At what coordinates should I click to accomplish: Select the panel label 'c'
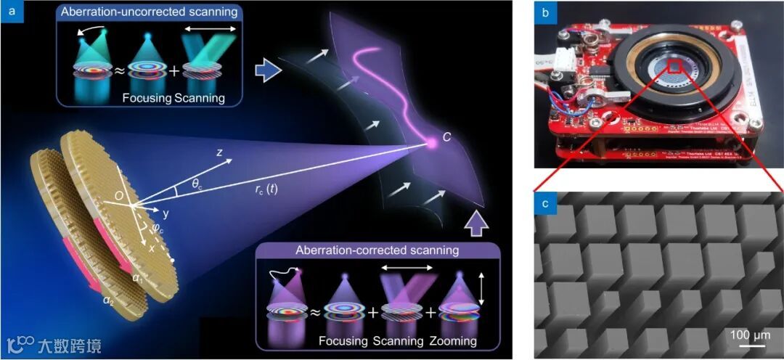544,204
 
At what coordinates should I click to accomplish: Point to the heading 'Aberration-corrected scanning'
377,250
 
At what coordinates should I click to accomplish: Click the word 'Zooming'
452,340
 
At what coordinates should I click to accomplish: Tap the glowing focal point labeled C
430,144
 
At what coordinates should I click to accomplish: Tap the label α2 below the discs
109,298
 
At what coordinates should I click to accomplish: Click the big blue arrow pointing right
268,70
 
